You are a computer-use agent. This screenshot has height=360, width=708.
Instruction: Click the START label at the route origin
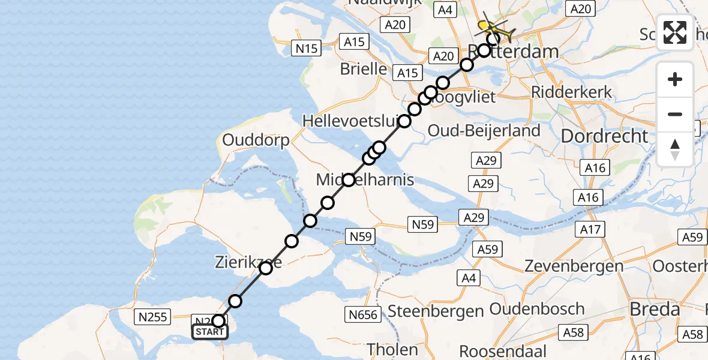coord(210,332)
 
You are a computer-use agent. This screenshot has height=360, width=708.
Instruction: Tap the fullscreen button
coord(675,32)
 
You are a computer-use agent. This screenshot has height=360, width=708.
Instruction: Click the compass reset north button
coord(675,149)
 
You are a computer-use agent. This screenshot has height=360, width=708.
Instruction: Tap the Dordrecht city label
coord(604,136)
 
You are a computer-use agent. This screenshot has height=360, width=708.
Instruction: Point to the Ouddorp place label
coord(256,140)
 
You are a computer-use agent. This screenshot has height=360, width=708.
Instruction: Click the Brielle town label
coord(364,69)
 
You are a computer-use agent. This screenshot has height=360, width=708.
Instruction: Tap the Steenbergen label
coord(436,311)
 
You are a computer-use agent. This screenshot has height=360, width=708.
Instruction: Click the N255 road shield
coord(153,316)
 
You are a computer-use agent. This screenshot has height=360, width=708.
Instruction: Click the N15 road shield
coord(306,48)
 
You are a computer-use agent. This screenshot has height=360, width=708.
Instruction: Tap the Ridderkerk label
coord(572,92)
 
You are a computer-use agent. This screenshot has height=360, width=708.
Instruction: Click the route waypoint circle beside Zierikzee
coord(265,268)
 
